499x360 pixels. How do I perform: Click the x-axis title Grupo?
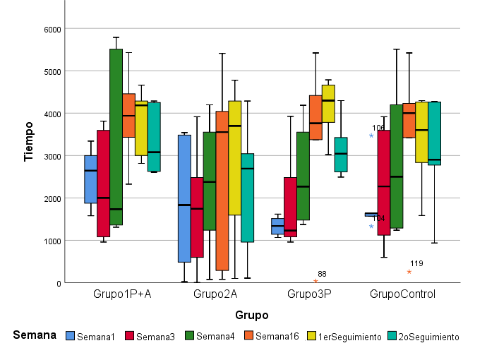coord(252,315)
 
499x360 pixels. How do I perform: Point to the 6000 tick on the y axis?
coord(52,29)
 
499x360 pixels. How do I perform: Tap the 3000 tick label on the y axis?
coord(52,156)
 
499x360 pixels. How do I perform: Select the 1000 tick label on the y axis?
coord(52,241)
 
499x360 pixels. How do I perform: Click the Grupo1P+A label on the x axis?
coord(122,294)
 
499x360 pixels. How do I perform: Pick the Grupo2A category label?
coord(215,294)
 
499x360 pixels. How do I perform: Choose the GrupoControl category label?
coord(402,294)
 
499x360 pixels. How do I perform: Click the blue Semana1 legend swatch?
coord(70,336)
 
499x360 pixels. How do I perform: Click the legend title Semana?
coord(35,335)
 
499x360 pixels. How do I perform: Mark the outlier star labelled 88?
coord(315,281)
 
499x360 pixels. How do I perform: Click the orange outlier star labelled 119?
coord(409,272)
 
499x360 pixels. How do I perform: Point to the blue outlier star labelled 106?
coord(371,136)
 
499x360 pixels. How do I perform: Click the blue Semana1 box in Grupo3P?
coord(277,226)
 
